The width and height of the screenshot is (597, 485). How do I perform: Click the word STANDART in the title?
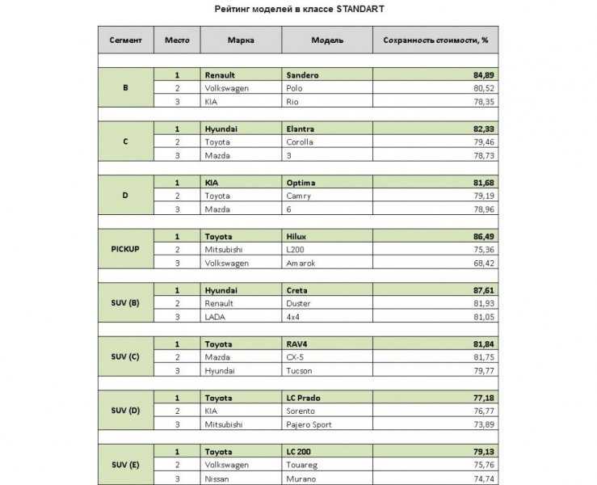click(355, 10)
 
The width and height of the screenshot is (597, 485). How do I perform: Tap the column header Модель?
click(327, 40)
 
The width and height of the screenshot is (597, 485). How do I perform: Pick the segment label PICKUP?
click(125, 249)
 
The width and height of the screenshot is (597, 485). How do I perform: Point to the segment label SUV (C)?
click(125, 356)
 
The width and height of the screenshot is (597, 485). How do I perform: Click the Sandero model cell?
click(302, 74)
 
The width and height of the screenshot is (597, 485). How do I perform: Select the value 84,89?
click(483, 74)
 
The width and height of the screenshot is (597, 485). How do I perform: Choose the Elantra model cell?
click(301, 129)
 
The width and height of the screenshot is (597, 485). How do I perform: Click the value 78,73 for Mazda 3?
click(483, 154)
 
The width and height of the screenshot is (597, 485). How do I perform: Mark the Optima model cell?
click(301, 183)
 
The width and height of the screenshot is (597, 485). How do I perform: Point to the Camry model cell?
click(299, 196)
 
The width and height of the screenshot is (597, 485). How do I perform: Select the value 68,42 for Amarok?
click(483, 263)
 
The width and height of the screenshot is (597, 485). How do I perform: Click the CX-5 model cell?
click(296, 356)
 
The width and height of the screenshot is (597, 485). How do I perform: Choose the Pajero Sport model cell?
click(312, 424)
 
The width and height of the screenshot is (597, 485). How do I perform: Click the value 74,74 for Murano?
click(483, 478)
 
